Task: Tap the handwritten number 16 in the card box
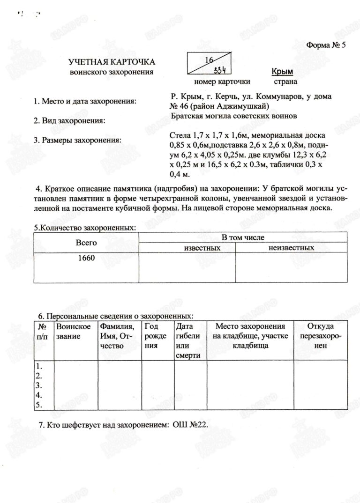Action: pyautogui.click(x=209, y=59)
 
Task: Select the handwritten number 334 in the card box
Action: pyautogui.click(x=219, y=70)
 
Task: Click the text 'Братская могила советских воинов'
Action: pyautogui.click(x=234, y=115)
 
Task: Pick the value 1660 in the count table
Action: pyautogui.click(x=86, y=258)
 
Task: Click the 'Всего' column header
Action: pyautogui.click(x=86, y=243)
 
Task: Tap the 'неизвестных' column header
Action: pyautogui.click(x=291, y=247)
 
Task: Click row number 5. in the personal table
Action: pyautogui.click(x=39, y=404)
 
